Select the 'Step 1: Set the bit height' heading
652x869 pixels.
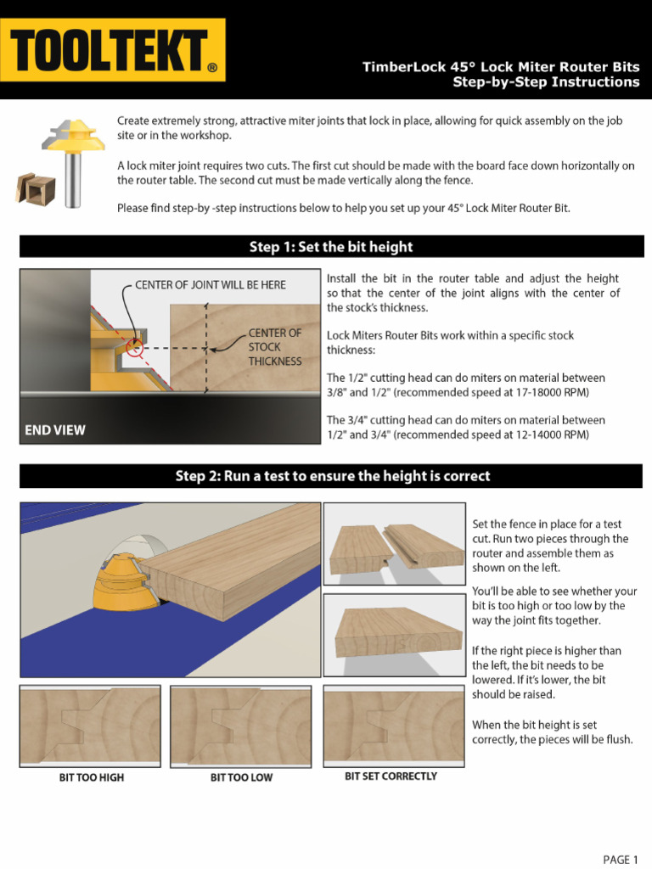tap(331, 247)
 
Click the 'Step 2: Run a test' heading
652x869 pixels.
tap(332, 476)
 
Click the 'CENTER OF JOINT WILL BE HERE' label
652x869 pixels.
tap(210, 285)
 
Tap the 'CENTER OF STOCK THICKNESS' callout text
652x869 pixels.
tap(274, 347)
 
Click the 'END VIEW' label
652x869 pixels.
tap(55, 430)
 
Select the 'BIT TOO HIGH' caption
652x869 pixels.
tap(91, 777)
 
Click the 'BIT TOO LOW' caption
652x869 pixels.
tap(241, 777)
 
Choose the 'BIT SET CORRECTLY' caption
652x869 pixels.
tap(391, 776)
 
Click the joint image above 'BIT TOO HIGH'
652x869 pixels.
tap(91, 726)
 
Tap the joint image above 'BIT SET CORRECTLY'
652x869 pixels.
tap(392, 725)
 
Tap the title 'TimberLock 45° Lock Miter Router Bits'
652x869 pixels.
tap(501, 67)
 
